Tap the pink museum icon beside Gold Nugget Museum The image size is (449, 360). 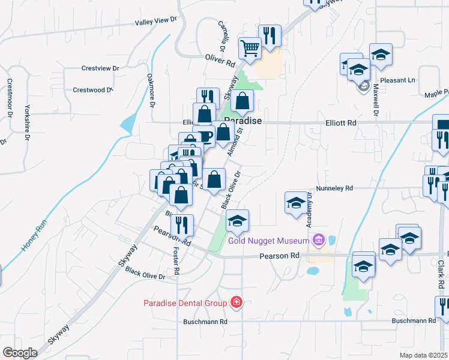coord(318,241)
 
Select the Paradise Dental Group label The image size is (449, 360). coord(184,302)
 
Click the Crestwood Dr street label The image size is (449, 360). coord(92,90)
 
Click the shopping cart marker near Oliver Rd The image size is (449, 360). coord(250,47)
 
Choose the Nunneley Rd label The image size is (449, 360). coord(334,188)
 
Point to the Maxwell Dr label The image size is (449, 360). coord(375,99)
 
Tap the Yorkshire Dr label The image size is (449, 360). coord(27,122)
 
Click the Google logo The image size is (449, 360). coord(20,352)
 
